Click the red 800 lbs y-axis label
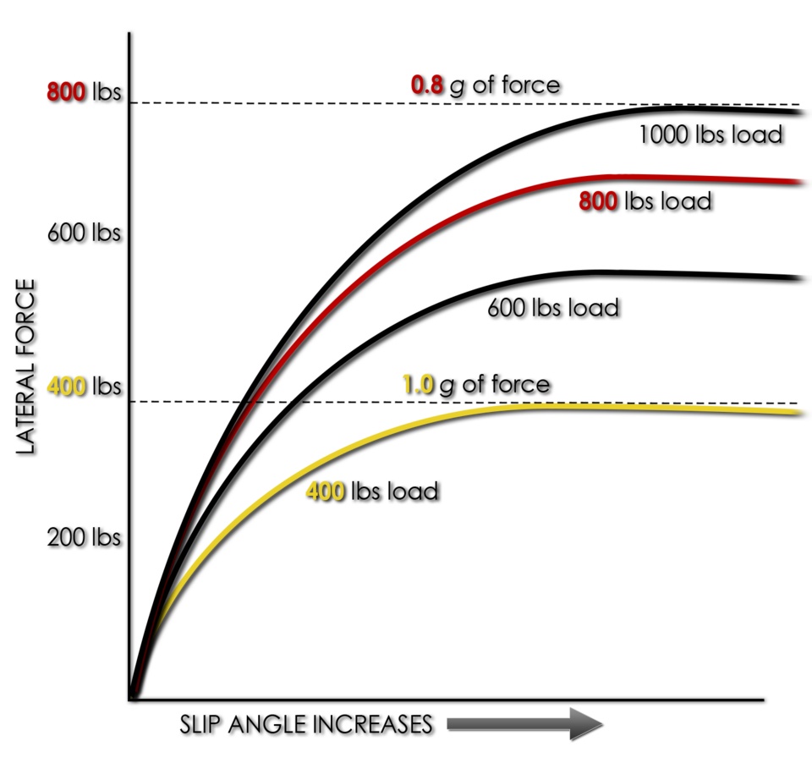(84, 92)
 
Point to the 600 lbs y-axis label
(84, 233)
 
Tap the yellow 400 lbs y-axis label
(84, 388)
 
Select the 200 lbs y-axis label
(84, 538)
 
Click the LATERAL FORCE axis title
(26, 369)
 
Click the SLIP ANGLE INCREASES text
(306, 725)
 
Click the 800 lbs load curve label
(645, 201)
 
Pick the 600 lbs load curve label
(553, 306)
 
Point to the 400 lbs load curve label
(371, 491)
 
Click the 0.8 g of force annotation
(486, 85)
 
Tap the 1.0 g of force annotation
(475, 385)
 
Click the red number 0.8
(427, 85)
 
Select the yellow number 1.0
(418, 386)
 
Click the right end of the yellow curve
(797, 413)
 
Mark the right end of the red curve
(797, 182)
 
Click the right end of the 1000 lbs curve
(797, 112)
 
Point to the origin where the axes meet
(131, 699)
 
